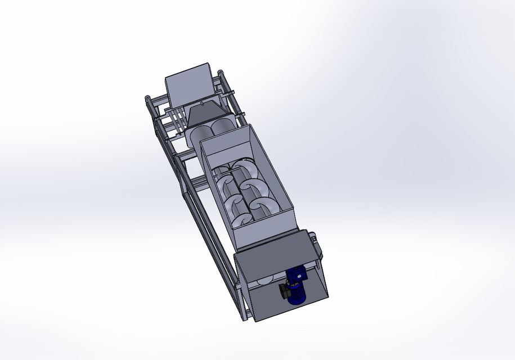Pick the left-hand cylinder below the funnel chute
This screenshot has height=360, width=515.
point(198,134)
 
